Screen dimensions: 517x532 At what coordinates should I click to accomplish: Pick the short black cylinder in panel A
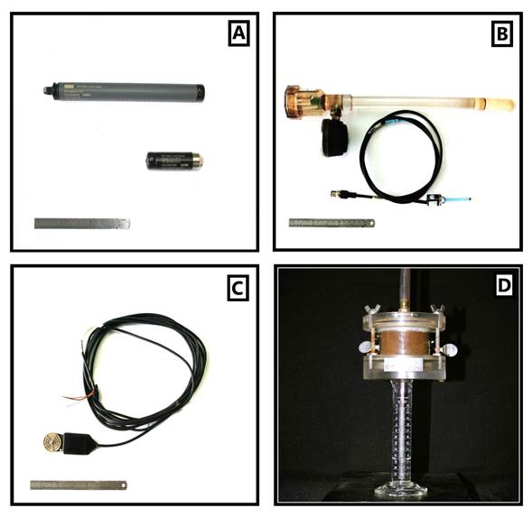click(171, 162)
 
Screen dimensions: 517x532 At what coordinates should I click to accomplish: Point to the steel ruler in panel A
click(82, 223)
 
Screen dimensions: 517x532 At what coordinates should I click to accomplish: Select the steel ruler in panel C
click(80, 485)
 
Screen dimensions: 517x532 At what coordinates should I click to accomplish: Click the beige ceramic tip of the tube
click(499, 105)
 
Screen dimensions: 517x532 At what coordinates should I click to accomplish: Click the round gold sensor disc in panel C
click(51, 444)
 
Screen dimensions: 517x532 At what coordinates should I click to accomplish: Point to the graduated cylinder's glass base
click(398, 492)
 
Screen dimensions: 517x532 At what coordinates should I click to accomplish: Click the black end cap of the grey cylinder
click(201, 91)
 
